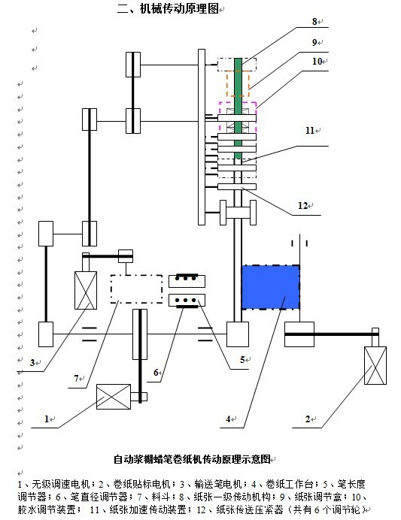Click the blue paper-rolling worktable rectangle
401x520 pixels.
pyautogui.click(x=271, y=287)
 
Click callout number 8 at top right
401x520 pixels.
pyautogui.click(x=314, y=22)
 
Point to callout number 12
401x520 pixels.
pyautogui.click(x=302, y=206)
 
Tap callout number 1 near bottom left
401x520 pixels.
pyautogui.click(x=47, y=419)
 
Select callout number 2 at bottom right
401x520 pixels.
pyautogui.click(x=308, y=419)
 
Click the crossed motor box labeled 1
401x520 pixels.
pyautogui.click(x=114, y=397)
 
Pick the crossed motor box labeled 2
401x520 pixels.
pyautogui.click(x=375, y=365)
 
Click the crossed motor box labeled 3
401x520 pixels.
pyautogui.click(x=86, y=291)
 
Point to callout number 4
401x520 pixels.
pyautogui.click(x=228, y=419)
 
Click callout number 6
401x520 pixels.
pyautogui.click(x=156, y=373)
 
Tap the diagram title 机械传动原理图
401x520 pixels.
pyautogui.click(x=179, y=8)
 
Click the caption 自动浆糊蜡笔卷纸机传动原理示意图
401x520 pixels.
pyautogui.click(x=192, y=459)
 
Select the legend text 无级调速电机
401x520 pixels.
pyautogui.click(x=61, y=484)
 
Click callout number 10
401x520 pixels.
pyautogui.click(x=317, y=62)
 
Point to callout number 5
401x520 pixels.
pyautogui.click(x=243, y=359)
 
